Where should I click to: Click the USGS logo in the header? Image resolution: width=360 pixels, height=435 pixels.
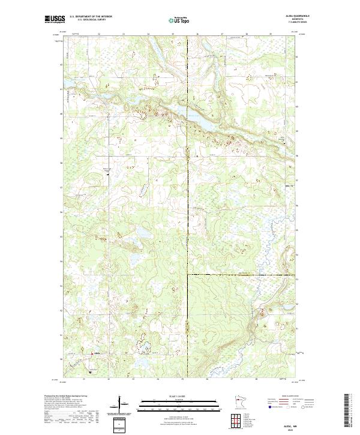[56, 19]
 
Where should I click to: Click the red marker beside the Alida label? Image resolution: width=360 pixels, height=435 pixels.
[91, 353]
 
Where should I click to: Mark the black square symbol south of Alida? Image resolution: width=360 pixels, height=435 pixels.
[90, 371]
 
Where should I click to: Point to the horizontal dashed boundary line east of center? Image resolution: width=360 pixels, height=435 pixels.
[240, 275]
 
